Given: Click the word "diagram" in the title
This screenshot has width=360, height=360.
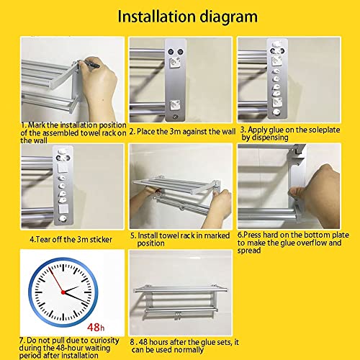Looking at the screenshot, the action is [229, 17].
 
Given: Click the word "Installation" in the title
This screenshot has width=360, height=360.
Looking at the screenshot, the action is [156, 16].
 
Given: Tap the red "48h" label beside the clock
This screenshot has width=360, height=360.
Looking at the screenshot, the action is [96, 327].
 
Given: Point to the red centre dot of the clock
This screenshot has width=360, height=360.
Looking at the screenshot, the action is [63, 292].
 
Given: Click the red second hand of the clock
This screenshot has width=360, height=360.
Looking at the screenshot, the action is [55, 279].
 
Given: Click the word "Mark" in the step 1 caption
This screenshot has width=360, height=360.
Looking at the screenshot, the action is [37, 125].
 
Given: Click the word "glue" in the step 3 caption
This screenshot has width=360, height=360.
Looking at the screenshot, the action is [276, 130].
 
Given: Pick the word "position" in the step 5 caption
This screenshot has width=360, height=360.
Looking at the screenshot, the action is [151, 243].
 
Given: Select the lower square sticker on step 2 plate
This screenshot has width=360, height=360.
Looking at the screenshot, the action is [174, 106].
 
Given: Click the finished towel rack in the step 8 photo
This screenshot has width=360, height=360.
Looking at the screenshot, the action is [181, 300].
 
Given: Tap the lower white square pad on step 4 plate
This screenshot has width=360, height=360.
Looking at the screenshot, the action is [63, 208].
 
